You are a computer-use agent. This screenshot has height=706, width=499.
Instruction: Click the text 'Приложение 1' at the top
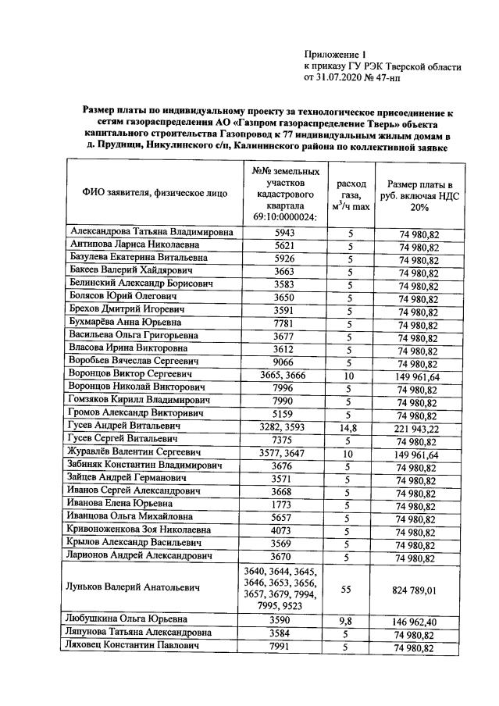coord(335,55)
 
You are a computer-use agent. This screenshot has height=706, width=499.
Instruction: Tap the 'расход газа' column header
coord(350,192)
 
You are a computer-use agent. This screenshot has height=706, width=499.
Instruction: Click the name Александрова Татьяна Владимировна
coord(151,232)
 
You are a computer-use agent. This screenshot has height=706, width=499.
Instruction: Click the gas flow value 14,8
coord(350,426)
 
